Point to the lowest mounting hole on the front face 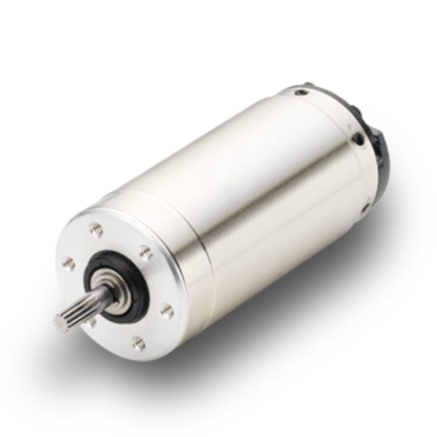(138, 342)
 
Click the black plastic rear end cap (379, 157)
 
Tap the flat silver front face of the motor (157, 281)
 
